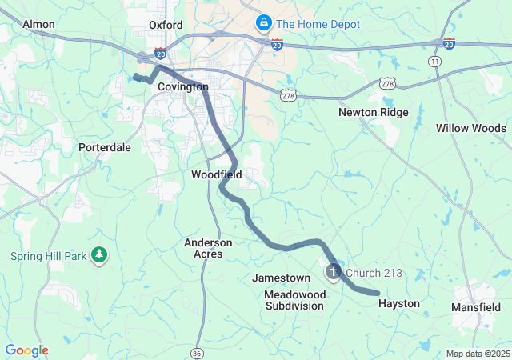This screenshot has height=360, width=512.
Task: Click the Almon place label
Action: (38, 25)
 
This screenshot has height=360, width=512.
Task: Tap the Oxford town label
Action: (166, 25)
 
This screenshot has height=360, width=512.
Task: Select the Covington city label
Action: (182, 86)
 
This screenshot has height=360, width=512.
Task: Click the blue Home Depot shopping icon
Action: (262, 23)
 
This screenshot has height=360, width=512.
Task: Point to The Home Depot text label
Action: (318, 24)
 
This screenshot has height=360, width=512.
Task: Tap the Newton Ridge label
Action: (373, 113)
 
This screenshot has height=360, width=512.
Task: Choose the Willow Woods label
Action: (470, 128)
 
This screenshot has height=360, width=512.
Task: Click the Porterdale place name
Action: (104, 148)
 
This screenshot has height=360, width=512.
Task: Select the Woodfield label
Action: (217, 174)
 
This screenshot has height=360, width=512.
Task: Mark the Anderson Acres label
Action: (208, 248)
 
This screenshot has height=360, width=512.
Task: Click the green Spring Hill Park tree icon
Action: (99, 255)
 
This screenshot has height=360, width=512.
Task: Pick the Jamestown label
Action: (281, 278)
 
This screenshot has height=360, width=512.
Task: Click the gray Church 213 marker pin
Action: (332, 274)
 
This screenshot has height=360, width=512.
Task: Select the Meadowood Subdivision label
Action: (295, 300)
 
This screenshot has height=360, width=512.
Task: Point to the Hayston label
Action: (398, 304)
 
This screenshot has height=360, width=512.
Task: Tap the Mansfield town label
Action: (476, 306)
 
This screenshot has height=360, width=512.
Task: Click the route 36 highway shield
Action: (198, 353)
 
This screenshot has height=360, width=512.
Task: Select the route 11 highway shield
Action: (434, 61)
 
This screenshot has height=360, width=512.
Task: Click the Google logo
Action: (26, 350)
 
